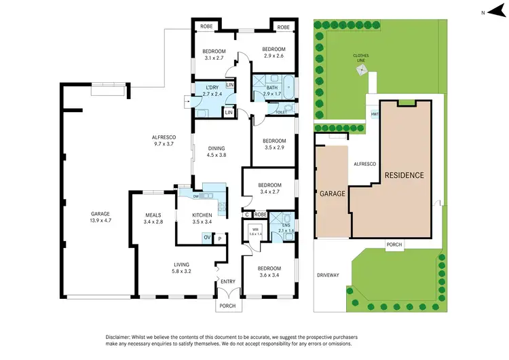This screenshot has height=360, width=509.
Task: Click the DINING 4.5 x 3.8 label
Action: (x=216, y=151)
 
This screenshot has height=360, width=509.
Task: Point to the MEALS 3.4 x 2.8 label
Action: (x=153, y=218)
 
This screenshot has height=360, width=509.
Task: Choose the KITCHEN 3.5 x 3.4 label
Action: (x=202, y=218)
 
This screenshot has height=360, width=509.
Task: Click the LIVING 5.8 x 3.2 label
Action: (x=181, y=268)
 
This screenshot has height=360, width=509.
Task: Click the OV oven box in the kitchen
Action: (x=206, y=237)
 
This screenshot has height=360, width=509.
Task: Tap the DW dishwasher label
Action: (x=195, y=196)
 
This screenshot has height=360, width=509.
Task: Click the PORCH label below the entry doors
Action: (x=227, y=306)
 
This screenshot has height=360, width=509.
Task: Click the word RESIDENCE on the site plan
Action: (x=404, y=175)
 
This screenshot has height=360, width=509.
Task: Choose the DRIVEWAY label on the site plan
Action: (x=328, y=275)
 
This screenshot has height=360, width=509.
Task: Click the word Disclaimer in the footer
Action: (x=121, y=338)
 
